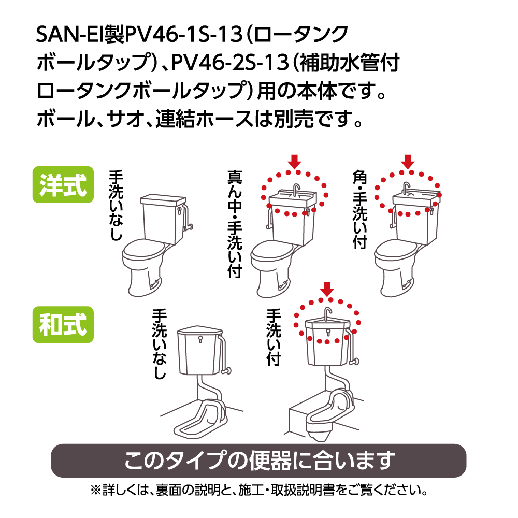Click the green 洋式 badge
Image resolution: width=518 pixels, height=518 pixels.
[63, 185]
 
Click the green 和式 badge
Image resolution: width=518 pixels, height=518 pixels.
[63, 324]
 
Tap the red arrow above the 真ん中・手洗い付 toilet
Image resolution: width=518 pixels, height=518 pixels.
[294, 162]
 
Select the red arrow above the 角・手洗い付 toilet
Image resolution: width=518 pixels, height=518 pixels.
[408, 162]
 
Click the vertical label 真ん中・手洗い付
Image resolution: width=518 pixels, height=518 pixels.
[235, 224]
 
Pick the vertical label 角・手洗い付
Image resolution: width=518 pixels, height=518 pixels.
[360, 209]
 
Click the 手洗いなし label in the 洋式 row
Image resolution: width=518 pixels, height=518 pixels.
[116, 205]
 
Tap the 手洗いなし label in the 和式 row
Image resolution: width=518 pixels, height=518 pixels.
[160, 343]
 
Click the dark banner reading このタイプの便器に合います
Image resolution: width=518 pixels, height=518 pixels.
[258, 461]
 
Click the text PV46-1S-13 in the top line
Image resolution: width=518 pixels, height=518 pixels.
[183, 34]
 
